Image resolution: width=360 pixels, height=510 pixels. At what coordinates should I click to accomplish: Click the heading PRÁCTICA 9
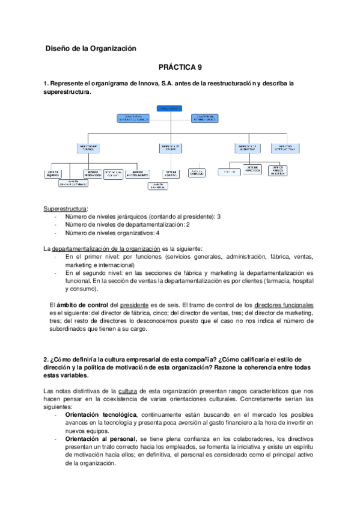tap(180, 69)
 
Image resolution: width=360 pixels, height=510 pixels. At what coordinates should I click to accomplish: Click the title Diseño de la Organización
tap(91, 48)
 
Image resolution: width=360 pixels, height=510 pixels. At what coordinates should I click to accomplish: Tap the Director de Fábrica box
tap(89, 147)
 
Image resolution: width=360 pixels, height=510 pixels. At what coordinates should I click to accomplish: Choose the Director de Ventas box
tap(171, 147)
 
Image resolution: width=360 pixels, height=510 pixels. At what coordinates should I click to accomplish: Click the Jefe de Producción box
tap(94, 173)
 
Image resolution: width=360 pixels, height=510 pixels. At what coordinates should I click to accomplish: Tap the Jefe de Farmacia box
tap(157, 186)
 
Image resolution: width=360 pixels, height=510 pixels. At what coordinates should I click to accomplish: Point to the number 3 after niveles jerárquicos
tap(219, 216)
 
